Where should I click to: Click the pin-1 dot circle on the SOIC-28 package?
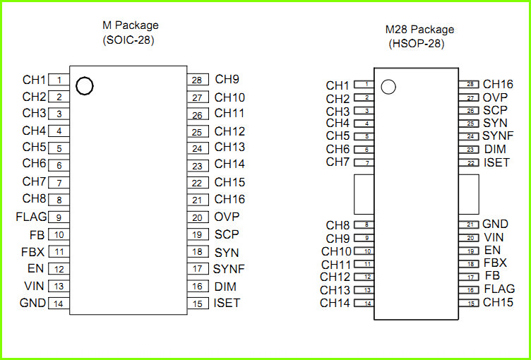tap(84, 86)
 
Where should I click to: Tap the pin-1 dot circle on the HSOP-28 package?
tap(388, 87)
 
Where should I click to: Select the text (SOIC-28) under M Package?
tap(129, 40)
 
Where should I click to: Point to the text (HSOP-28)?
tap(416, 44)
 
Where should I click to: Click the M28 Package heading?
tap(419, 30)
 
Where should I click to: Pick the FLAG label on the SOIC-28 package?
tap(31, 217)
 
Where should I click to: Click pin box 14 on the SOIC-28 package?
tap(59, 303)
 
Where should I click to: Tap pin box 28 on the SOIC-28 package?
tap(198, 80)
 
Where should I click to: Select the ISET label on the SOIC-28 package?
tap(227, 303)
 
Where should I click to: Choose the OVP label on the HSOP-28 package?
tap(495, 97)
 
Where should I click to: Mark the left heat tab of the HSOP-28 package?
tap(364, 194)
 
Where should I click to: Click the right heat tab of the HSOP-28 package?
tap(469, 194)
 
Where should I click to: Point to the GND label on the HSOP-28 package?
tap(495, 224)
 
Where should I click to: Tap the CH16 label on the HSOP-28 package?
tap(498, 84)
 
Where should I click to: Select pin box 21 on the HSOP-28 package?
tap(469, 224)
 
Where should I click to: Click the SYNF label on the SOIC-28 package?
tap(229, 269)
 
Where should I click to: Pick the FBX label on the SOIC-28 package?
tap(33, 252)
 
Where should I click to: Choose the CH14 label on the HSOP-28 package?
tap(335, 303)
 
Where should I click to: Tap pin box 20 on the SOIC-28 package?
tap(198, 217)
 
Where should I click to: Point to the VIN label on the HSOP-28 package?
tap(494, 237)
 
